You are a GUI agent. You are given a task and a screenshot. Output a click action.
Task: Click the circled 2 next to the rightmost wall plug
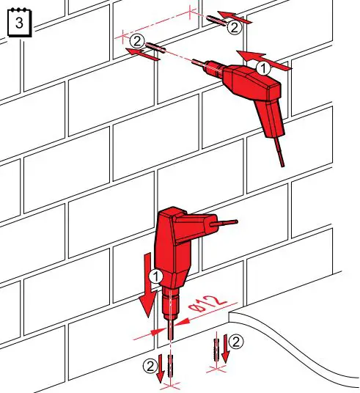[233, 27]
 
